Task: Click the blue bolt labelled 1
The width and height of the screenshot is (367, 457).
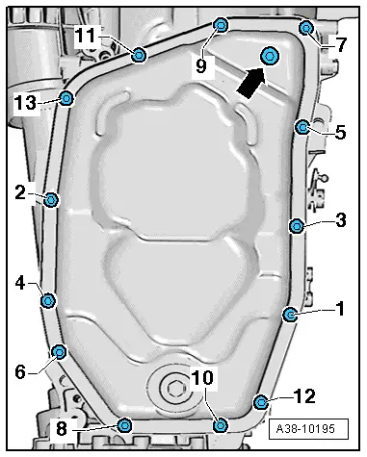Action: (x=290, y=314)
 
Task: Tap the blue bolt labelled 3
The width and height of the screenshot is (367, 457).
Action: (x=296, y=225)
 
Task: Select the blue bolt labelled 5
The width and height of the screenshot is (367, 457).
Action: (x=302, y=126)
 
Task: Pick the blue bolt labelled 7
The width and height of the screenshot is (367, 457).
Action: (x=305, y=27)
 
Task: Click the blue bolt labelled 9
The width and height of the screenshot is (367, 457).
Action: (x=221, y=24)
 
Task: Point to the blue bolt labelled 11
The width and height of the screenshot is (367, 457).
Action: (x=140, y=54)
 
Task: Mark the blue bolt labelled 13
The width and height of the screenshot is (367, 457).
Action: (x=66, y=97)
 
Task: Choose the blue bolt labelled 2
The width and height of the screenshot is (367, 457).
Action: (x=52, y=200)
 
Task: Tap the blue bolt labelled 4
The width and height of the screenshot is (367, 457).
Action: (x=48, y=301)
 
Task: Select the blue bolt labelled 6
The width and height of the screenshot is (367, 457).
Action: (x=58, y=351)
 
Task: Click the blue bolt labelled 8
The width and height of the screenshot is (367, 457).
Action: (x=123, y=424)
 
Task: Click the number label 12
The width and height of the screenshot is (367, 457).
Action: (x=304, y=395)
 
